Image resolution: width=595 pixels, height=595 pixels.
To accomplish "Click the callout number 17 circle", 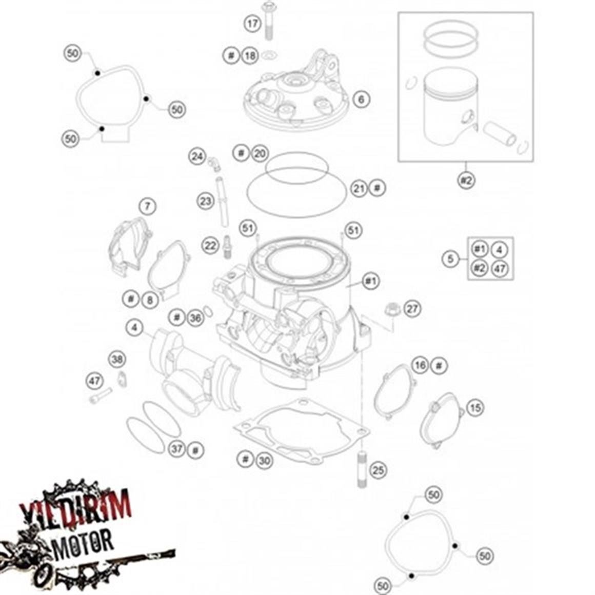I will pos(252,24).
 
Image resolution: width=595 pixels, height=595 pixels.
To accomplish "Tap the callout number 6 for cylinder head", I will pos(361,99).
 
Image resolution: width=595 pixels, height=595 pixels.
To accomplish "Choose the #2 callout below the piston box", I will pos(466,180).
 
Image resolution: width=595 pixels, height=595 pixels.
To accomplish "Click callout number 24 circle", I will pos(197,156).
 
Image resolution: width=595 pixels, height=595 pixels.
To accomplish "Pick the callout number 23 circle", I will pos(206,202).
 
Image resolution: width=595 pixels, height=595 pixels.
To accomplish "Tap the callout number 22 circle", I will pos(210,246).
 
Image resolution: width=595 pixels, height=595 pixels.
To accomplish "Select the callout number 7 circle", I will pos(147,207).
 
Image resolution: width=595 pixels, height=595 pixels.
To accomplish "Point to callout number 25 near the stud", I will pos(378,470).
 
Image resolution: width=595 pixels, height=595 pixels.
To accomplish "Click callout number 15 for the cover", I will pos(475,408).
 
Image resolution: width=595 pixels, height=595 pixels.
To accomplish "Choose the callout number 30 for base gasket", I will pos(264,461).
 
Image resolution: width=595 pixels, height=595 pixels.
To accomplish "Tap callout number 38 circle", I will pos(117,360).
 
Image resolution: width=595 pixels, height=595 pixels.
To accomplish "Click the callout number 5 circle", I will pos(450,259).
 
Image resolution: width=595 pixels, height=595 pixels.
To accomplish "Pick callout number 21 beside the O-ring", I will pos(360,188).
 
